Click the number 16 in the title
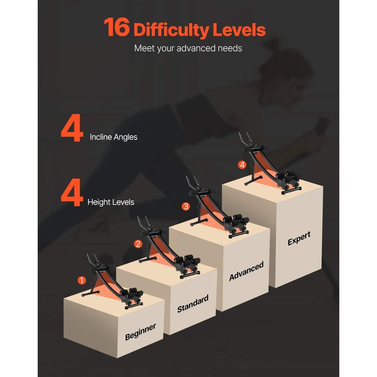[117, 27]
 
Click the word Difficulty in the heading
[171, 31]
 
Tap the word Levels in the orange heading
[239, 29]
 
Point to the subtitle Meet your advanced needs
[188, 48]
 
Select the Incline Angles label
[113, 137]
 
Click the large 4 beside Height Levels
[72, 192]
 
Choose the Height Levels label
[111, 202]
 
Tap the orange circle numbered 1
[82, 280]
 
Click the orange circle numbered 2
[138, 244]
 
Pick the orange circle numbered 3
[186, 206]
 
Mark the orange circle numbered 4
[242, 165]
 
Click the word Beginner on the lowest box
[141, 332]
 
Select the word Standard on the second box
[193, 304]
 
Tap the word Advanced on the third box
[246, 271]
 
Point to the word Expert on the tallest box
[299, 238]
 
